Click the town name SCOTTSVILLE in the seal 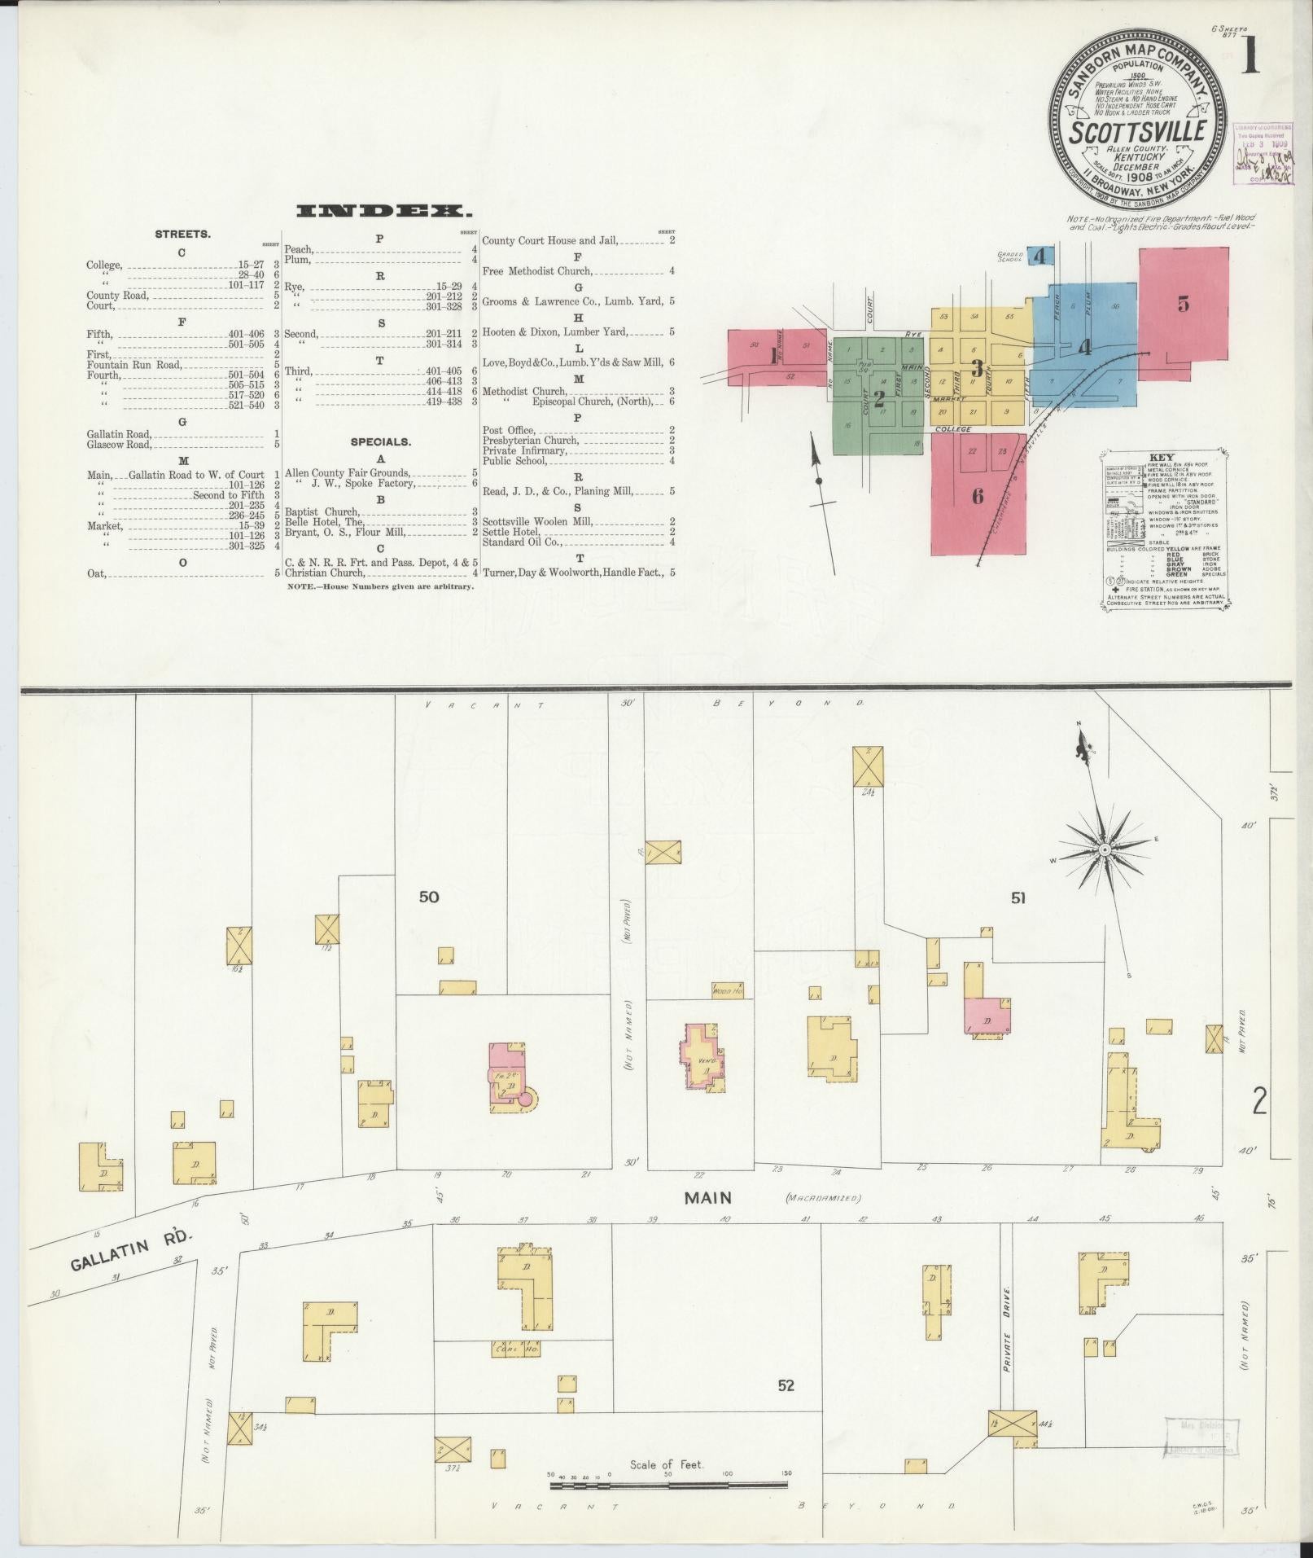point(1137,132)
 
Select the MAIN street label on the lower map point(707,1197)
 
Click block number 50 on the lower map point(429,897)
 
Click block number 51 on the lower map point(1018,898)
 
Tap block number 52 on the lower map point(786,1385)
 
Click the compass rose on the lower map point(1105,849)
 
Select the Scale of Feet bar point(667,1486)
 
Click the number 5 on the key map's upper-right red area point(1183,304)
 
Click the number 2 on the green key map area point(878,398)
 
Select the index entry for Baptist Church point(322,512)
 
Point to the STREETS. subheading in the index point(182,235)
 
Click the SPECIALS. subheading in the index point(380,442)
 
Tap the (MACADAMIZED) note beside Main point(822,1197)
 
